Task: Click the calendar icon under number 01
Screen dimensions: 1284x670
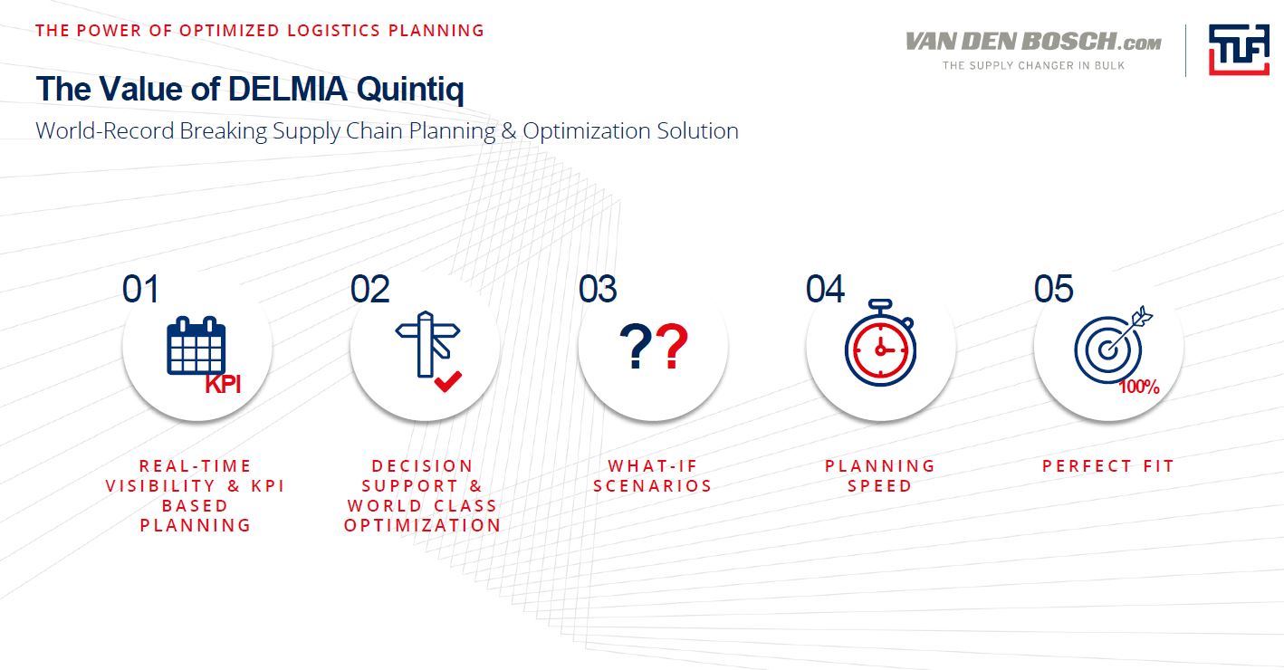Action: pos(196,346)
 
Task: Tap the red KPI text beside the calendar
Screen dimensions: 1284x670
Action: pos(223,385)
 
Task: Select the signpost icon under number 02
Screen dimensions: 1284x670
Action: pos(427,344)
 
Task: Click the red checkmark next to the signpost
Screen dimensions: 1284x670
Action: pos(447,381)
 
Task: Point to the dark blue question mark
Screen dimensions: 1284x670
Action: pos(636,346)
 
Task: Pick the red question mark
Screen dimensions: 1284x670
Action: pos(671,346)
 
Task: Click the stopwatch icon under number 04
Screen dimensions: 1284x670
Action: pos(880,343)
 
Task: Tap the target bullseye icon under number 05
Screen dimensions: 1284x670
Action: pos(1112,345)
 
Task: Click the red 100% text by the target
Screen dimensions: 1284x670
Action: pos(1139,387)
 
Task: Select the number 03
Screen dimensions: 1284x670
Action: pos(598,289)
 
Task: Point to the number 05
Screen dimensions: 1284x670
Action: pos(1054,289)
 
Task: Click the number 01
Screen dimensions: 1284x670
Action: pos(140,289)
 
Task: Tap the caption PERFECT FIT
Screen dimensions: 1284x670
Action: pos(1108,466)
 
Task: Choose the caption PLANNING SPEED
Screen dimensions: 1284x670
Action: pos(880,475)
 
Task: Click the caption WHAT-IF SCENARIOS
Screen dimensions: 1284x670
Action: pos(653,475)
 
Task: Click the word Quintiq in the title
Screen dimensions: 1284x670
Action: pos(410,90)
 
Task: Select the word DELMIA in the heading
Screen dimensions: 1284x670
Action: pos(288,89)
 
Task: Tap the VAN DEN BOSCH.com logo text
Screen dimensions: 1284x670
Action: pos(1033,42)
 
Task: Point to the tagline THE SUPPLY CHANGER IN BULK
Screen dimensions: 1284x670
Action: pos(1033,65)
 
